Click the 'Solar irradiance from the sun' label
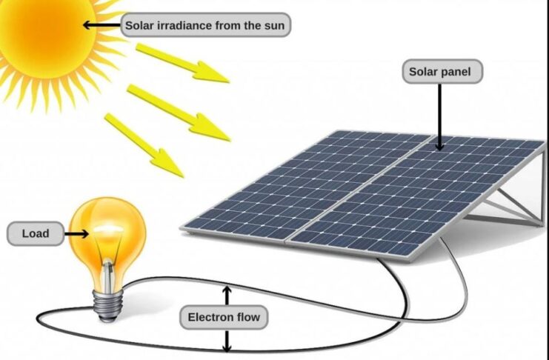(x=205, y=25)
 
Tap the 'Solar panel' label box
(x=442, y=71)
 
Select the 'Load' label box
(x=36, y=233)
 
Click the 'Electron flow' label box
(x=224, y=317)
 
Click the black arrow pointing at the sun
(x=102, y=25)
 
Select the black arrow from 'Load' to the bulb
(x=76, y=234)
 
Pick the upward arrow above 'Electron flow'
(x=227, y=296)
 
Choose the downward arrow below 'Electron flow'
(x=227, y=341)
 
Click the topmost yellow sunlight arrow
(x=182, y=63)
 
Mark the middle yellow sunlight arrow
(x=179, y=113)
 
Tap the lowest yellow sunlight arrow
(x=144, y=145)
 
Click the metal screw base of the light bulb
(x=108, y=304)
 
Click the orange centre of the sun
(x=45, y=33)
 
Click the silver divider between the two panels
(x=361, y=188)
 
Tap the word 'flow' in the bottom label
(x=247, y=317)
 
